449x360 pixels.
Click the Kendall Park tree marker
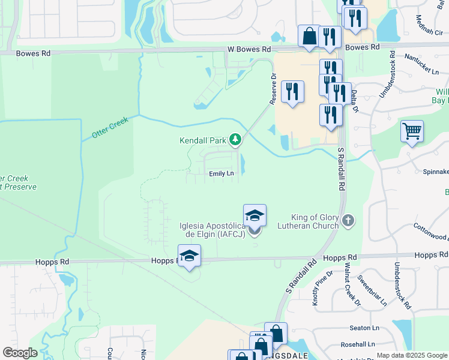(236, 141)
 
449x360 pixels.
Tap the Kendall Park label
(202, 141)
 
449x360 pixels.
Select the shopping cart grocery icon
(412, 131)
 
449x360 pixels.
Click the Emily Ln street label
(221, 173)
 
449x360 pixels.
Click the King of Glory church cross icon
(348, 222)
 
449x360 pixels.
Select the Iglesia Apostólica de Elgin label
(212, 230)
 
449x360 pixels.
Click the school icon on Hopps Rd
(189, 256)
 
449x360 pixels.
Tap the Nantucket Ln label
(421, 63)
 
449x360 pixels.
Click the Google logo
(20, 352)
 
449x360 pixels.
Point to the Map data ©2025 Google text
(412, 355)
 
